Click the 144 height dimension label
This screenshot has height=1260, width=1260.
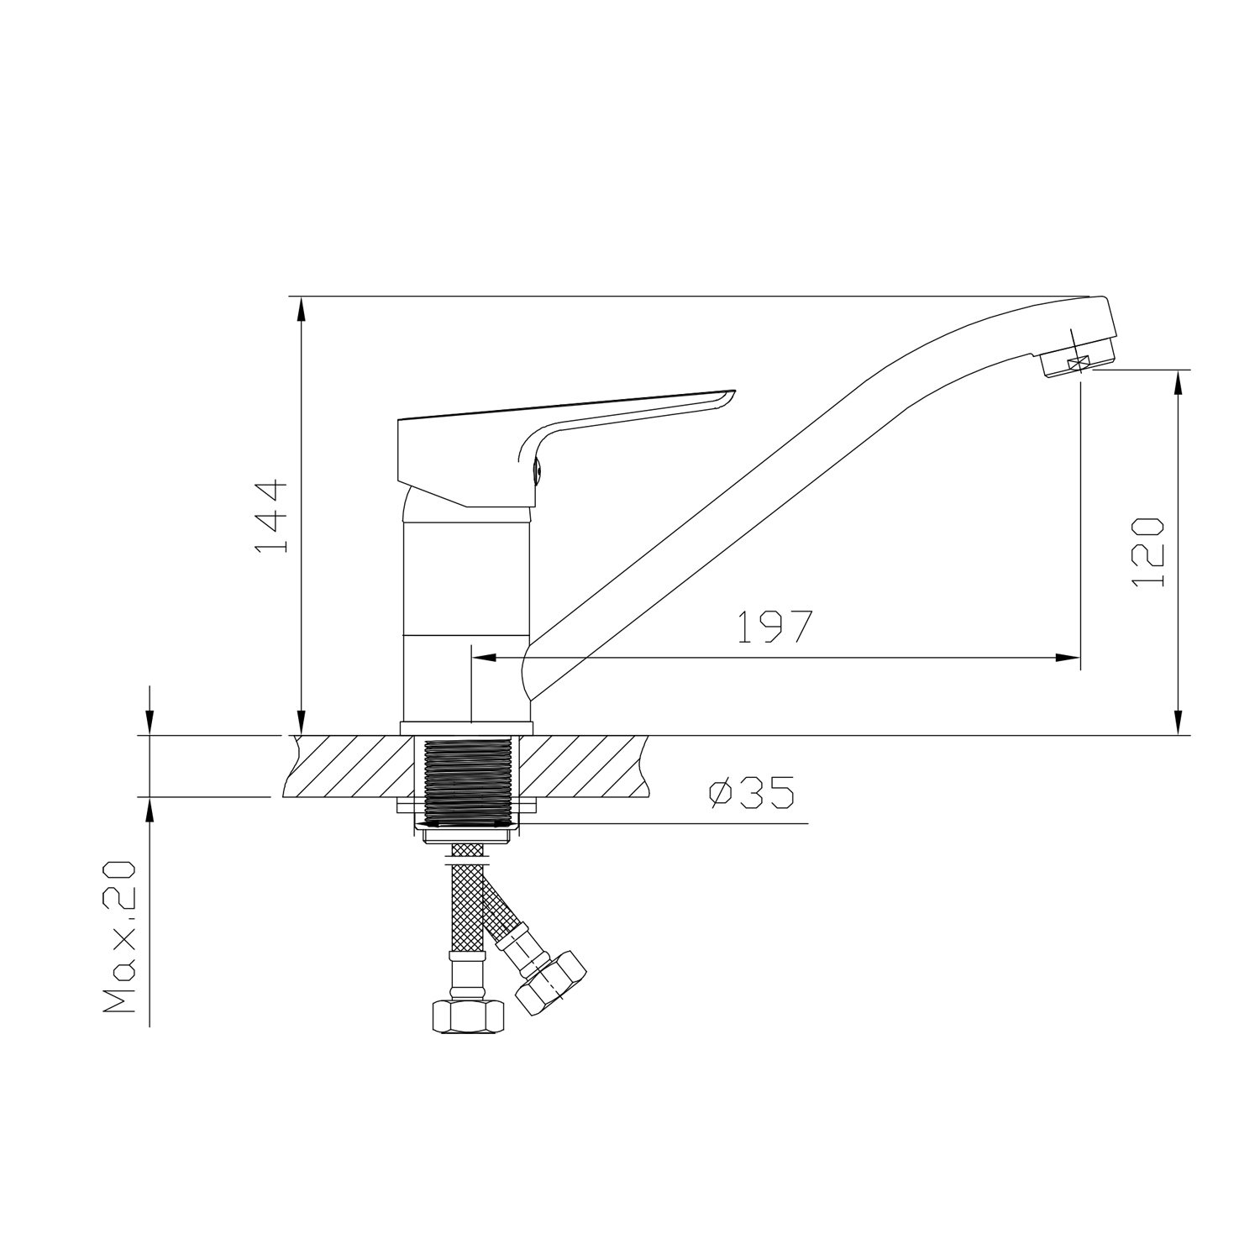(x=270, y=517)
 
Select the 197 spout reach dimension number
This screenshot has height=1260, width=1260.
(x=775, y=626)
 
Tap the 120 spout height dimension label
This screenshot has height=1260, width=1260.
(x=1147, y=552)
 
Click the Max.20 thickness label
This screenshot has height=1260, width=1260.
(x=118, y=937)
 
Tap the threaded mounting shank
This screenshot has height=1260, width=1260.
(x=468, y=780)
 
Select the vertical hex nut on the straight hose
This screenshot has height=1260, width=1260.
(x=469, y=1017)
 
